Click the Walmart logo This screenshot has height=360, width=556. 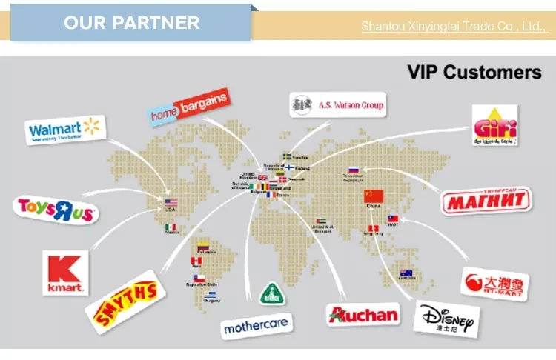(x=64, y=130)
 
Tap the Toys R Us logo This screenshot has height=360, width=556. (x=56, y=210)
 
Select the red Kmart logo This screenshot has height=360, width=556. (x=66, y=272)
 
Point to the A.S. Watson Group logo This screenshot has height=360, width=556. (x=337, y=105)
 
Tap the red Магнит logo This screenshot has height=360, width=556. (x=487, y=199)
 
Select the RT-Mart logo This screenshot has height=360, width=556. (x=495, y=284)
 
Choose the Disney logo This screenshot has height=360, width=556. (x=447, y=319)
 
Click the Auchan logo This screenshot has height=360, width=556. (x=363, y=314)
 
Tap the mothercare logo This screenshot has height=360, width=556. (x=255, y=324)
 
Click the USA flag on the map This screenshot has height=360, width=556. (x=171, y=203)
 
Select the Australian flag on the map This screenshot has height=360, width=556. (x=406, y=273)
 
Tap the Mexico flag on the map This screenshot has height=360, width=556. (x=171, y=227)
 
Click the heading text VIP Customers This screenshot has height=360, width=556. (x=474, y=72)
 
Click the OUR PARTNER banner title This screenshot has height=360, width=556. (x=131, y=22)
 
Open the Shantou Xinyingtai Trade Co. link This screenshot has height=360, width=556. (x=452, y=27)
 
